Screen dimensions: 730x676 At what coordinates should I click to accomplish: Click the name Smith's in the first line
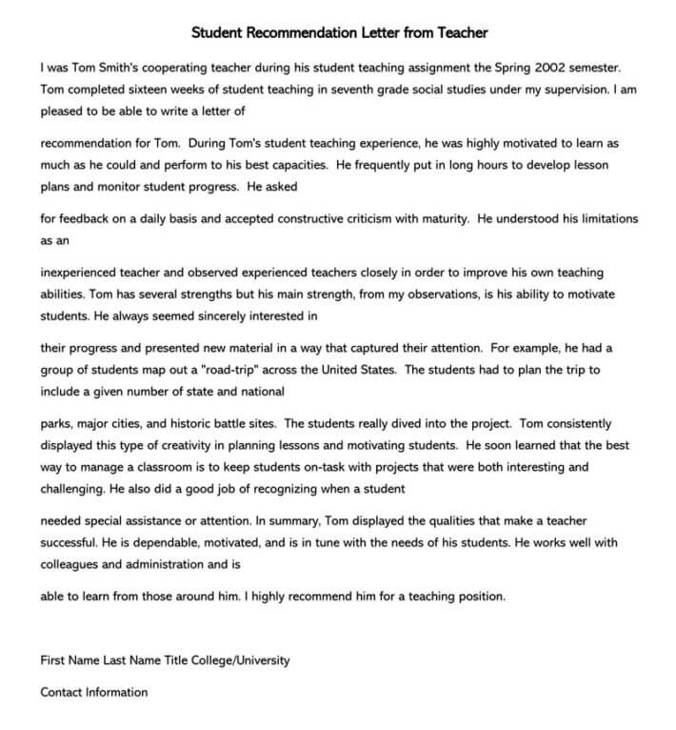pos(125,68)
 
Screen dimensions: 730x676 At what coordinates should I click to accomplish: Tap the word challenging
pos(73,488)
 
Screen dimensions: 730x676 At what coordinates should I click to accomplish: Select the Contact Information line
pos(93,692)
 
